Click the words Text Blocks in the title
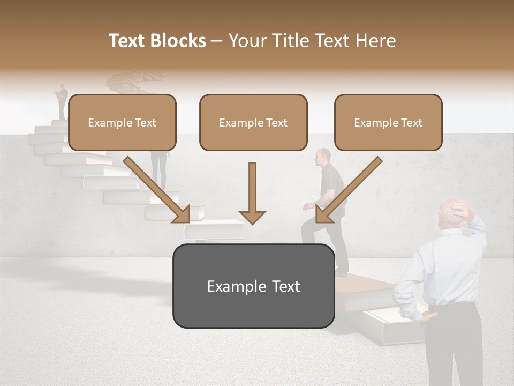(x=157, y=41)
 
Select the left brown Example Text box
(x=122, y=122)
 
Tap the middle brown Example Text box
(x=253, y=122)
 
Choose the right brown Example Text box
(x=388, y=122)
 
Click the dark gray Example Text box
(x=253, y=286)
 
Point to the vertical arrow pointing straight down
(x=252, y=193)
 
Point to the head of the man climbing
(x=323, y=157)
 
